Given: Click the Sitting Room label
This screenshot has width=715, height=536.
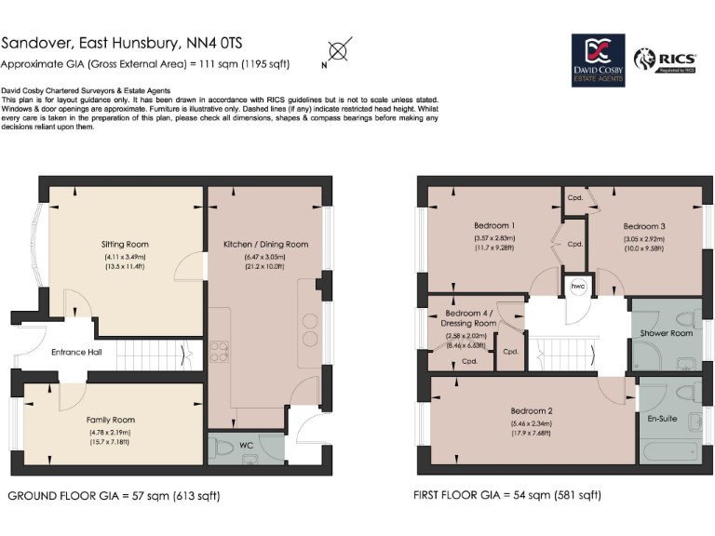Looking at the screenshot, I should click(x=125, y=244).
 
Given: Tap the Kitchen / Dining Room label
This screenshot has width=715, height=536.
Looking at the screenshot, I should click(x=265, y=245).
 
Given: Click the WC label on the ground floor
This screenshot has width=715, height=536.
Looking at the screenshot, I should click(x=247, y=446).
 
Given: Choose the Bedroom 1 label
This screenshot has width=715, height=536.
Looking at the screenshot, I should click(x=492, y=226).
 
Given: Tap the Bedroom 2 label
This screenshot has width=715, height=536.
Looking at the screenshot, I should click(x=532, y=410).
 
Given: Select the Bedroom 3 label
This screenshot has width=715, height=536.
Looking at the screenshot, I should click(x=644, y=226).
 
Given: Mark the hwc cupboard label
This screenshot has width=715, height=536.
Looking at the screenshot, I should click(x=578, y=286).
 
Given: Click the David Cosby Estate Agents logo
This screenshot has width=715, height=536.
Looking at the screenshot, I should click(x=597, y=60).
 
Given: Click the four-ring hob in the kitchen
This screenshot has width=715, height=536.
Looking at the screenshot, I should click(x=219, y=350).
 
